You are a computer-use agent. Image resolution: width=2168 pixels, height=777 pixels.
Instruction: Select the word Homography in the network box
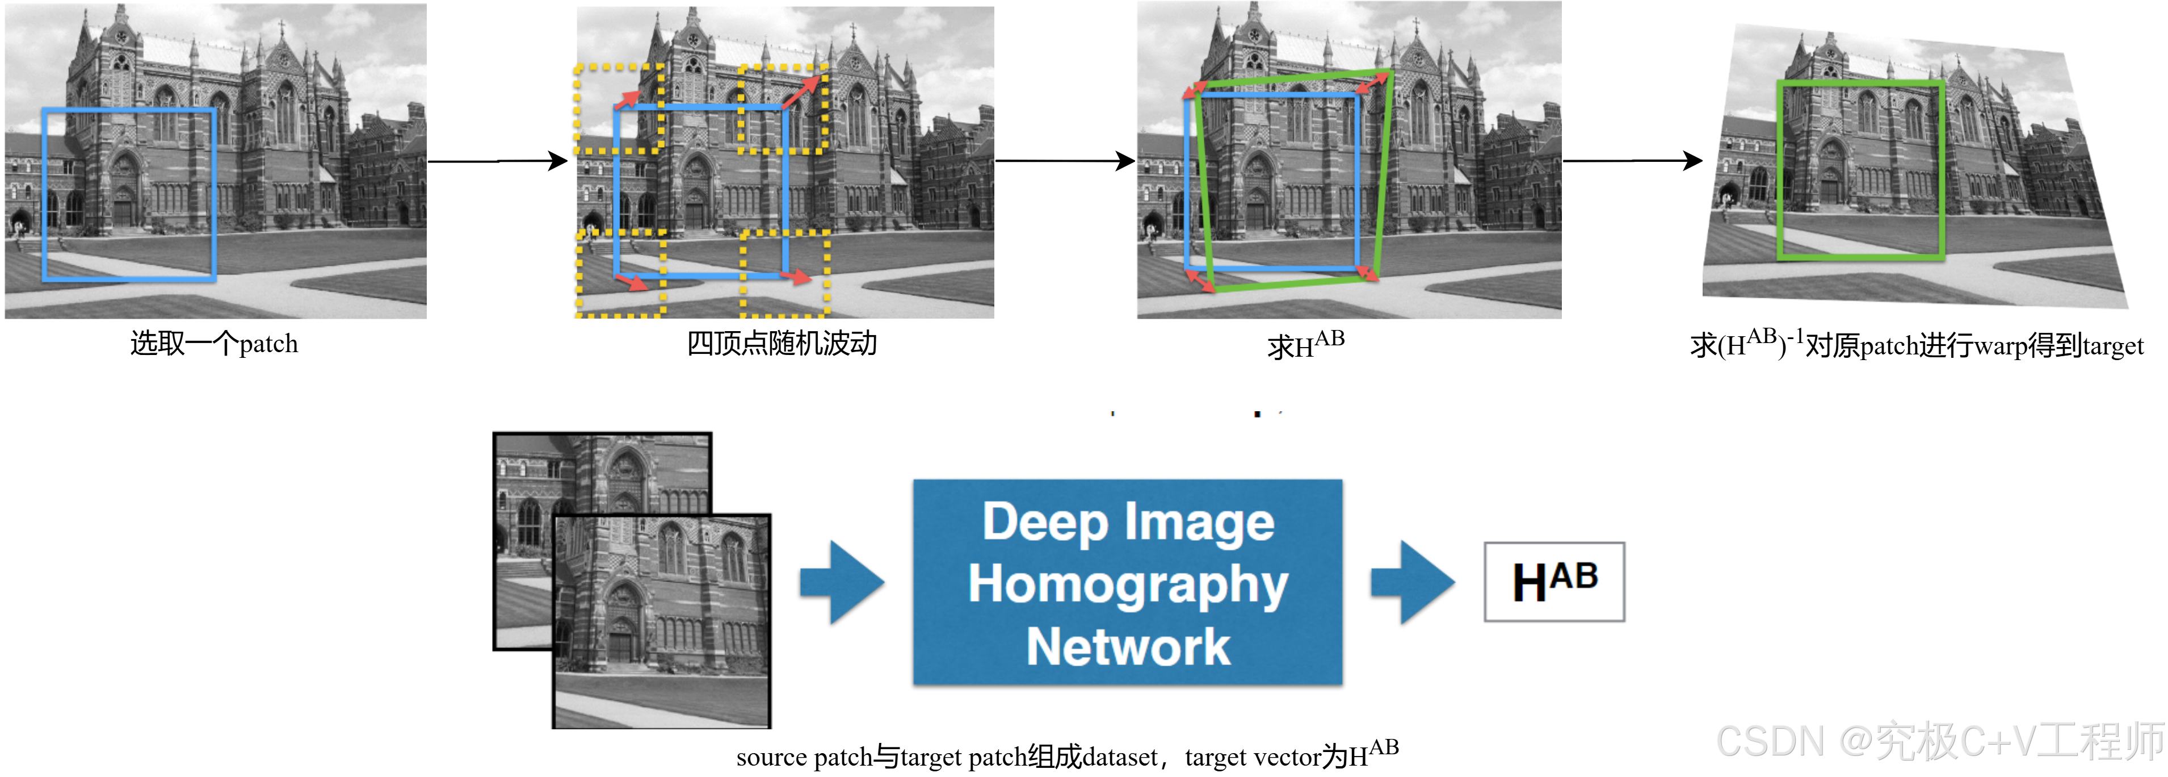coord(1128,584)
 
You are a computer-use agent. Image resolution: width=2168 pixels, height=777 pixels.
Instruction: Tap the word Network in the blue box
coord(1128,646)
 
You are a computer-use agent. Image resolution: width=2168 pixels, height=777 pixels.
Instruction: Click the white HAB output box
coord(1553,582)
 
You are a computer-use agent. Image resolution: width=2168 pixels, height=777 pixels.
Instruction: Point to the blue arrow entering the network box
coord(842,582)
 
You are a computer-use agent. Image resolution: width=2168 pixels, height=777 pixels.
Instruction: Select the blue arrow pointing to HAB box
coord(1412,582)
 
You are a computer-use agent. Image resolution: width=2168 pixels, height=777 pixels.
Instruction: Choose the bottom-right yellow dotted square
coord(784,274)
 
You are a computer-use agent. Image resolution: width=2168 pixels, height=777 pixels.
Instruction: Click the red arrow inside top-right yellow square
coord(801,91)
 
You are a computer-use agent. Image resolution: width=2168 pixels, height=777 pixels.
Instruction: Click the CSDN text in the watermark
coord(1769,741)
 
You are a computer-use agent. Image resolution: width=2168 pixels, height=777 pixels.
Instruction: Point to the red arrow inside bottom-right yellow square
coord(795,275)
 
